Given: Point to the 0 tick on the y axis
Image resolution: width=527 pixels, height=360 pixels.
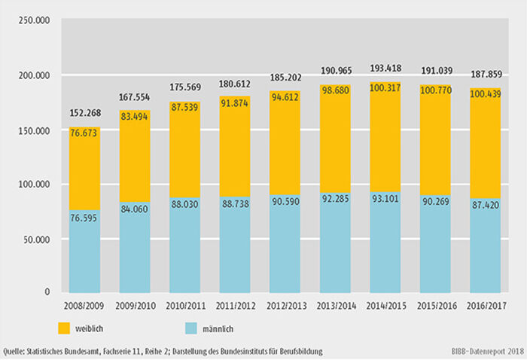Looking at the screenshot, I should pos(47,292).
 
